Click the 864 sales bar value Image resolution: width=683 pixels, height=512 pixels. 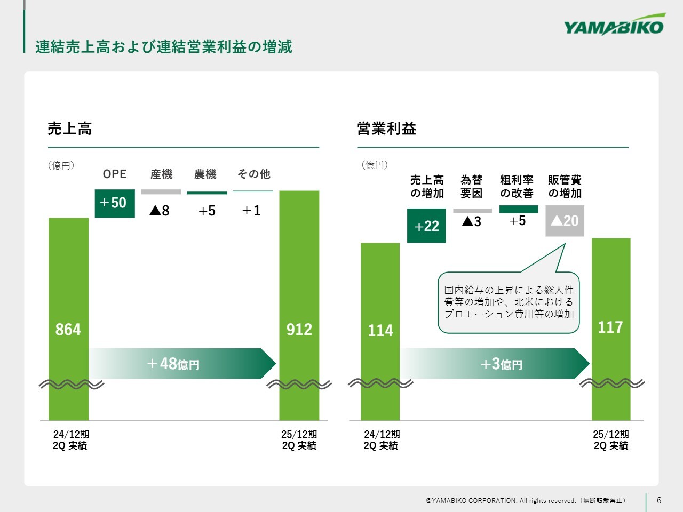[68, 330]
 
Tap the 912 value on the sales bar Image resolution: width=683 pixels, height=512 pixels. [299, 330]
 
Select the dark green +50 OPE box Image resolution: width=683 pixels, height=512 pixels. [115, 203]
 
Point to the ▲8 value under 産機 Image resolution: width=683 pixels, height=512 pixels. [160, 211]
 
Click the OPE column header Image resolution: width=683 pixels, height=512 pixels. [115, 174]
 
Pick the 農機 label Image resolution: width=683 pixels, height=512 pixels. [205, 174]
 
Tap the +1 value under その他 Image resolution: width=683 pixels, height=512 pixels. [251, 211]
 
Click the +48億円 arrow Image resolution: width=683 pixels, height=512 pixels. [182, 363]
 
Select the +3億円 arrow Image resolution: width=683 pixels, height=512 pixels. [495, 363]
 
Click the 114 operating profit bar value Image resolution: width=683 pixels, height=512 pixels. [380, 331]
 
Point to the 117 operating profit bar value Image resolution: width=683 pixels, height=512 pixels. [610, 327]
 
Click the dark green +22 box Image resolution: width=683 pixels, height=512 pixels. [426, 226]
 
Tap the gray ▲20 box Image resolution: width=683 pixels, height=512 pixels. [565, 221]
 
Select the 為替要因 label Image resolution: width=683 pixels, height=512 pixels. [472, 187]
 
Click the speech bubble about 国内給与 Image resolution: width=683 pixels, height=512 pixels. [509, 302]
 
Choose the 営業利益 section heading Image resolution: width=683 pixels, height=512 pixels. [386, 129]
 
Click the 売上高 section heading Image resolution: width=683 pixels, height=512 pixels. [70, 129]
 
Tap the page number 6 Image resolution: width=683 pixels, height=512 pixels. [659, 500]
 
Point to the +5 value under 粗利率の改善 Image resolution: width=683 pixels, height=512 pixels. [518, 221]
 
